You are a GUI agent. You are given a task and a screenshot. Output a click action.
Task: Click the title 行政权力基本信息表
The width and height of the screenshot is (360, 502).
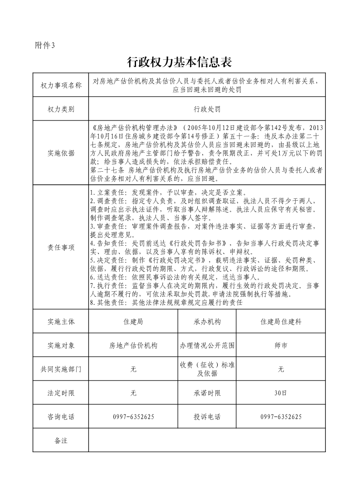tap(180, 62)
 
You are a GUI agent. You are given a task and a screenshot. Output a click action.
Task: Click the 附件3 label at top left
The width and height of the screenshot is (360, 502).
tap(44, 45)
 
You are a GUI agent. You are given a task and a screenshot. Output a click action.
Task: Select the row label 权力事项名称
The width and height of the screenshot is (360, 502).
tap(61, 86)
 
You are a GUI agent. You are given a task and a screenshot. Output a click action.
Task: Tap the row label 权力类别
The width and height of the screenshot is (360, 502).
tap(61, 109)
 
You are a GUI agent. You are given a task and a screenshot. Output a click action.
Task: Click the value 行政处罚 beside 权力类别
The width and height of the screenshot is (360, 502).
tap(207, 109)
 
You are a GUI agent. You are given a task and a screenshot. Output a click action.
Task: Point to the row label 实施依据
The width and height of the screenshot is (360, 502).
tap(61, 153)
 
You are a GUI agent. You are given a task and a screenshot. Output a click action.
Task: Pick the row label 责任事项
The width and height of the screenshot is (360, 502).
tap(61, 247)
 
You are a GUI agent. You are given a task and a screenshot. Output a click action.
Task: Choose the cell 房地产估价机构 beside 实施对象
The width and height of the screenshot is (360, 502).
tap(133, 345)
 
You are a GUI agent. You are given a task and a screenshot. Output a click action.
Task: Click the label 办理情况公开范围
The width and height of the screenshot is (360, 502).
tap(207, 345)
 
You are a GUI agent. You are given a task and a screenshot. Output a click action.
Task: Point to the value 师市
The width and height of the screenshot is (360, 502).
tap(281, 345)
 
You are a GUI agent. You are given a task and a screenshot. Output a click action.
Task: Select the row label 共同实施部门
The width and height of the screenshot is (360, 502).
tap(61, 369)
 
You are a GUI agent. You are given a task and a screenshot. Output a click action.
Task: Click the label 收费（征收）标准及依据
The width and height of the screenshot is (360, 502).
tap(207, 369)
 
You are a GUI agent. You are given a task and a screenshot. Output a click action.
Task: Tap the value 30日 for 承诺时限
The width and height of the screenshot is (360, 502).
tap(281, 393)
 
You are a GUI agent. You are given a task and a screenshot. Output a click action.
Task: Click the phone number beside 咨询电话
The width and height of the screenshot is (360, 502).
tap(133, 417)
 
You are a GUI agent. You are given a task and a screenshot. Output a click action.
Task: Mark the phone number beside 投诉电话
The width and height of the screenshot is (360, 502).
tap(281, 417)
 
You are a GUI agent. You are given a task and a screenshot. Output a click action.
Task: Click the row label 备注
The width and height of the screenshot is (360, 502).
tap(61, 440)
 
